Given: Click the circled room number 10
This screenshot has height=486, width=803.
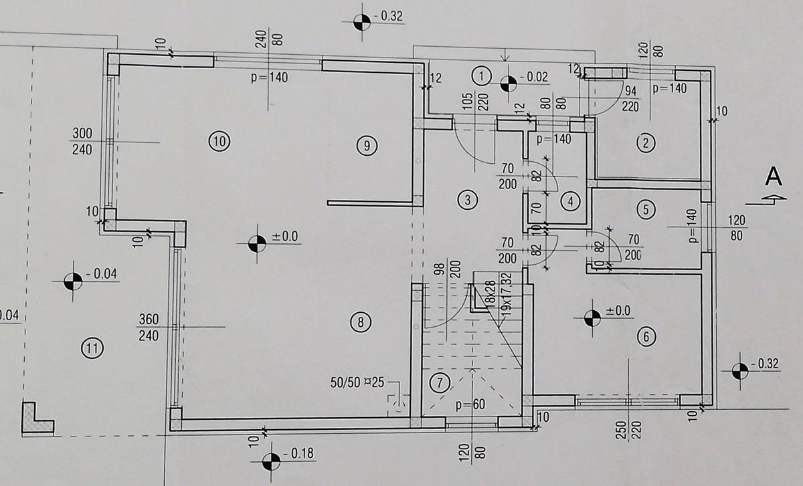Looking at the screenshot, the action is click(219, 142).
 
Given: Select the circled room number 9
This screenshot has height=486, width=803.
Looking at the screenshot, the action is click(367, 146).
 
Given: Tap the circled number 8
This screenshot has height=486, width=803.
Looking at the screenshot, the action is click(361, 322).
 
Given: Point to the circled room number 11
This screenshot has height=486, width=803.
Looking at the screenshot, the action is click(92, 348).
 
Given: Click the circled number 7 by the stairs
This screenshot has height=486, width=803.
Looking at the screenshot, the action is click(440, 383).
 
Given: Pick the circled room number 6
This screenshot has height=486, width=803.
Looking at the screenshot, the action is click(646, 337).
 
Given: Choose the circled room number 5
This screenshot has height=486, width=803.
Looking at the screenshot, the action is click(646, 209).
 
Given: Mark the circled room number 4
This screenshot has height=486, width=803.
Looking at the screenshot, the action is click(570, 202).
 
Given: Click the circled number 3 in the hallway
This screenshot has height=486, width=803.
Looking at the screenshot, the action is click(468, 200).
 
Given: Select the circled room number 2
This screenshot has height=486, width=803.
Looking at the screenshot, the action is click(646, 143).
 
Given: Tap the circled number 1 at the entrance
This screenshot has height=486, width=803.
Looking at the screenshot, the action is click(481, 76).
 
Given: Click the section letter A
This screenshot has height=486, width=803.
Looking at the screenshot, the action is click(774, 176).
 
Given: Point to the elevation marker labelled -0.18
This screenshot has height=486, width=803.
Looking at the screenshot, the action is click(272, 462).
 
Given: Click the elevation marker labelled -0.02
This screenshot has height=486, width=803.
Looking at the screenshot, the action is click(509, 84).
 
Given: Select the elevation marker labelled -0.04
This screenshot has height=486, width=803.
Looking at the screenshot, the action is click(73, 281).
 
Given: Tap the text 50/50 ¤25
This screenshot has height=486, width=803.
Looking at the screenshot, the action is click(357, 382).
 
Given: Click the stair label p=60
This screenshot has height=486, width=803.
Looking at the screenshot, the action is click(470, 405).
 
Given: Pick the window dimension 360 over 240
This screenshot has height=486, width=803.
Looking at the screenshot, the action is click(149, 328).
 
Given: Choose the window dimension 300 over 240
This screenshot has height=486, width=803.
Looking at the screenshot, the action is click(82, 142).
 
